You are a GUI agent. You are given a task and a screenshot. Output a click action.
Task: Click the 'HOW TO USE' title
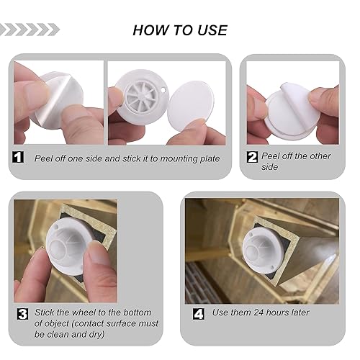[x=180, y=30]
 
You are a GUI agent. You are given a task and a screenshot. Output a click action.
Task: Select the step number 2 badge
[x=252, y=156]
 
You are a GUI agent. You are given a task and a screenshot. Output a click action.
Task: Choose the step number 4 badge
[x=198, y=313]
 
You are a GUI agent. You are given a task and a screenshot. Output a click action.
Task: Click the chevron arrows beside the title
[x=30, y=30]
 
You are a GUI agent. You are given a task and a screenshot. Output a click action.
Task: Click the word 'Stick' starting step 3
[x=45, y=314]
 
